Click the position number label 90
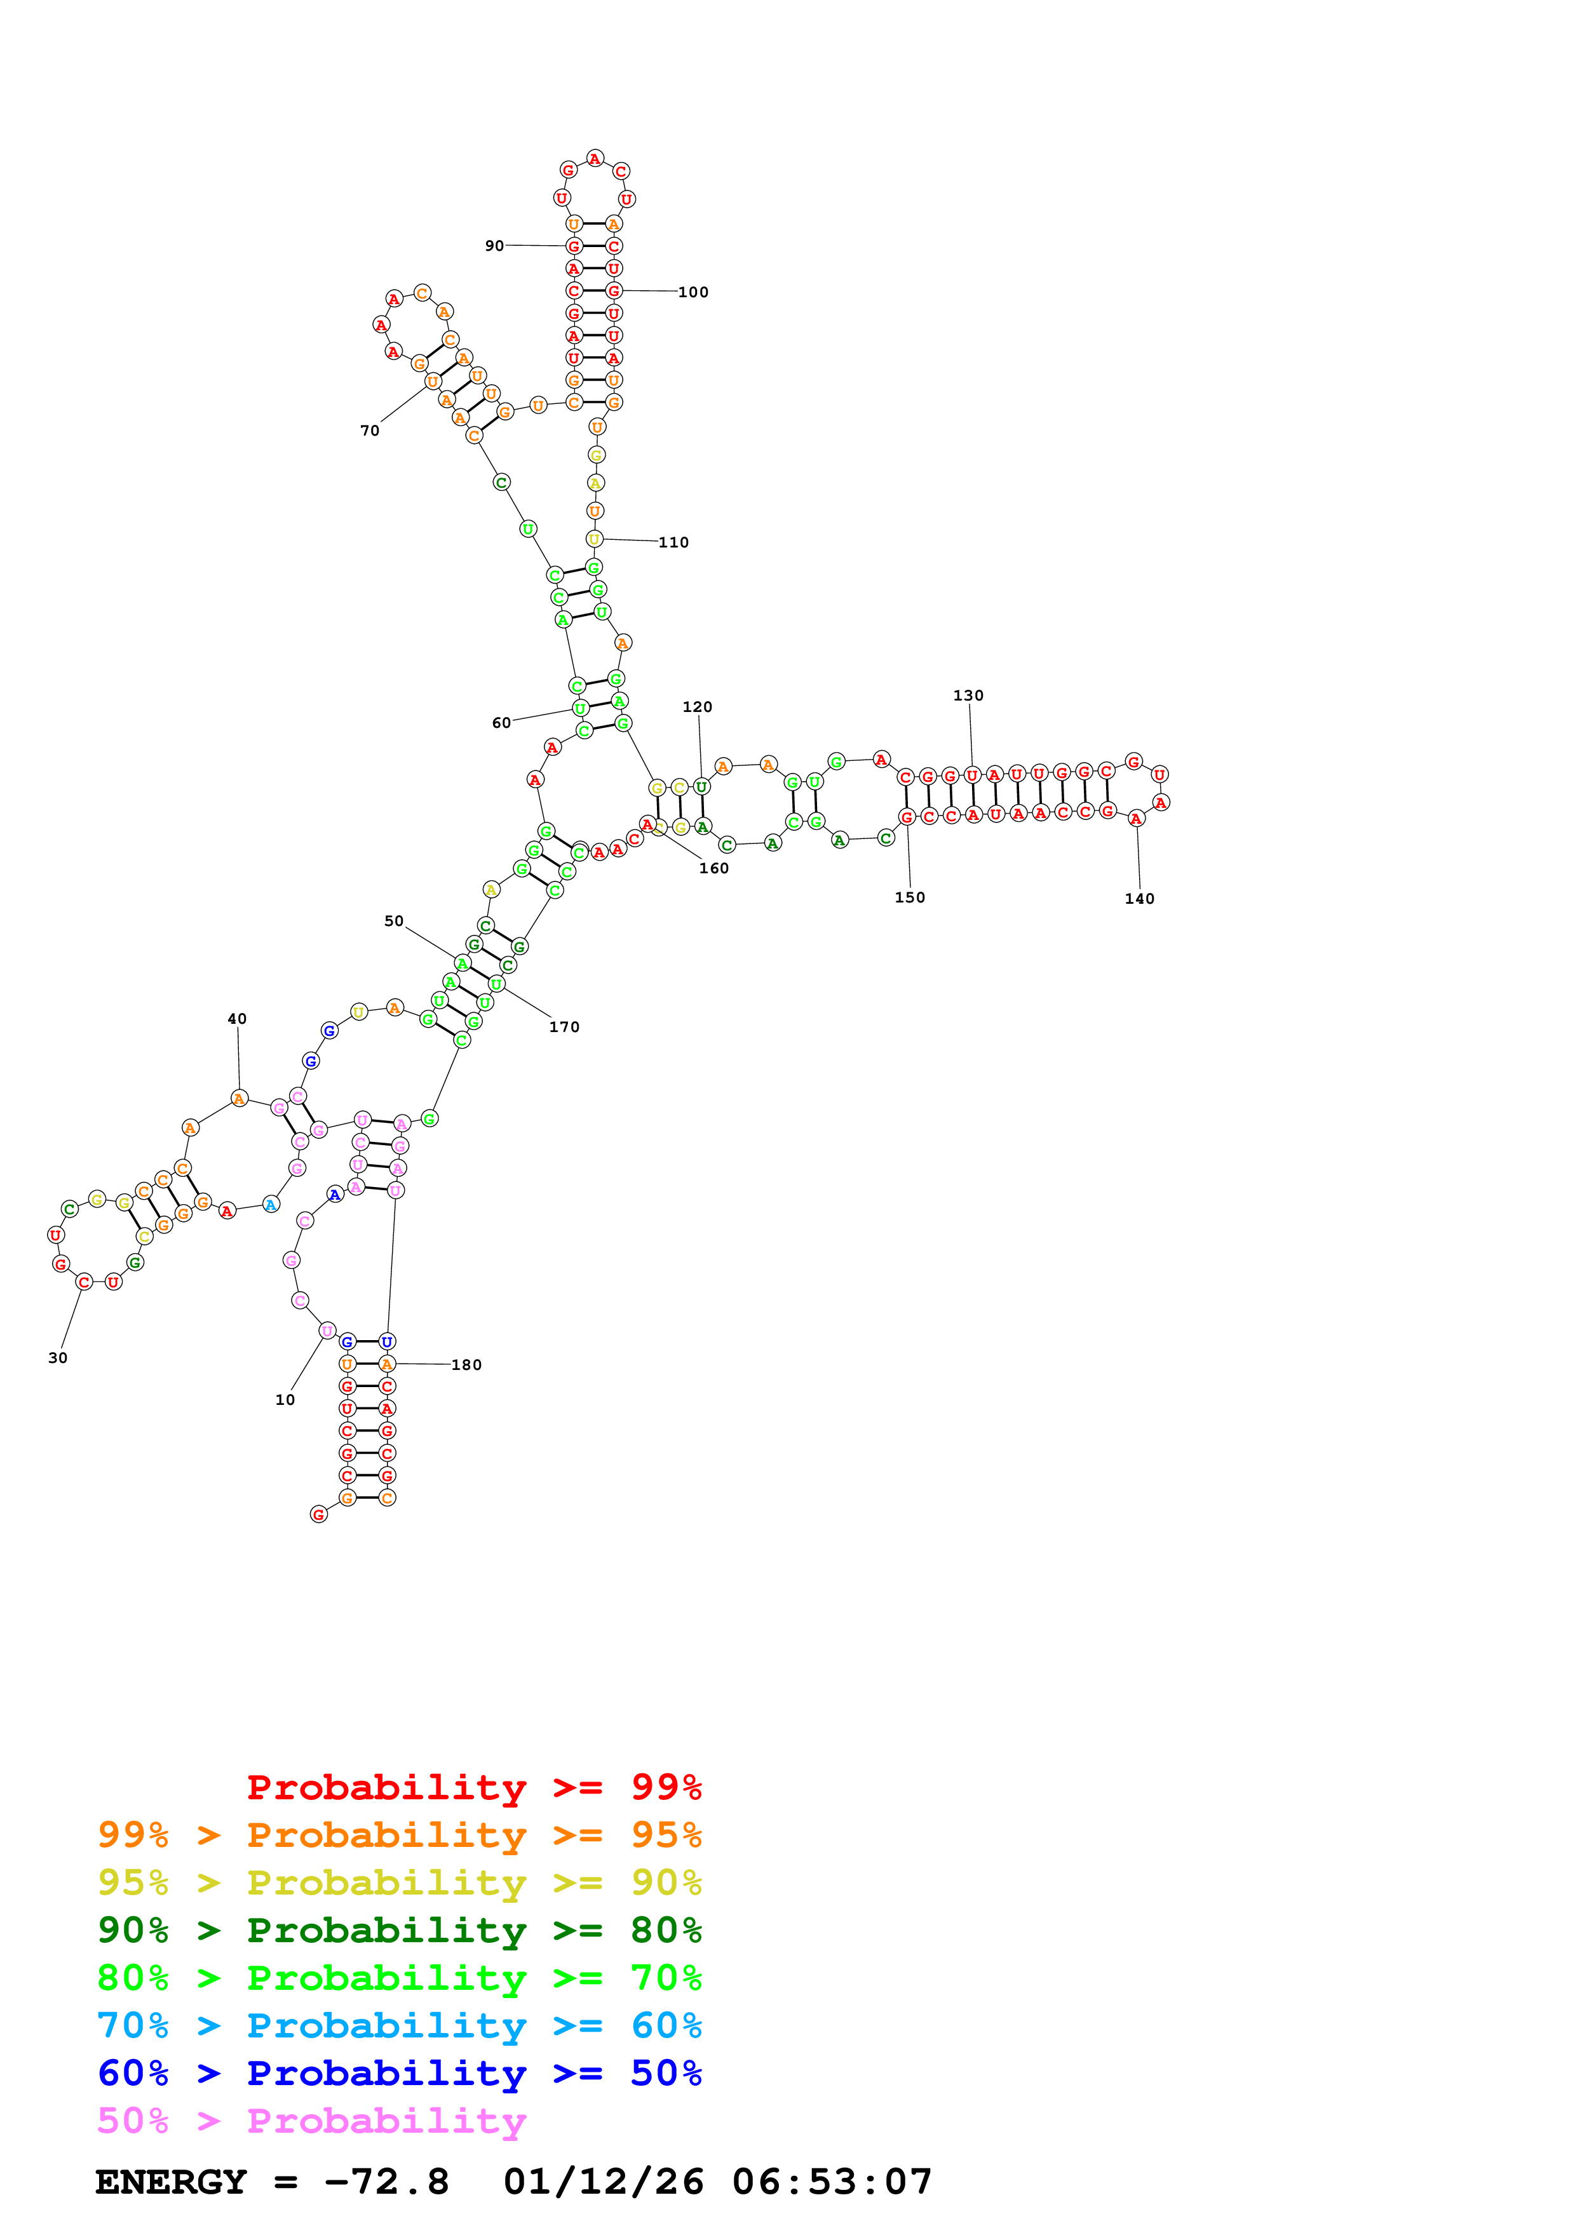tap(494, 246)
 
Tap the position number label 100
tap(693, 292)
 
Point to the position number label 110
tap(673, 542)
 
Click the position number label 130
tap(968, 695)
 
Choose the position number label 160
tap(713, 868)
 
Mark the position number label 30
tap(58, 1359)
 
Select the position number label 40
tap(237, 1019)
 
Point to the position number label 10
tap(285, 1400)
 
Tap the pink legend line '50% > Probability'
tap(311, 2121)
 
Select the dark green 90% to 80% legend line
tap(399, 1930)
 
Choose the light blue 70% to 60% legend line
tap(399, 2026)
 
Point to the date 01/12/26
tap(604, 2182)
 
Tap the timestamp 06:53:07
tap(832, 2182)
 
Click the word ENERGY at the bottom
tap(171, 2182)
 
